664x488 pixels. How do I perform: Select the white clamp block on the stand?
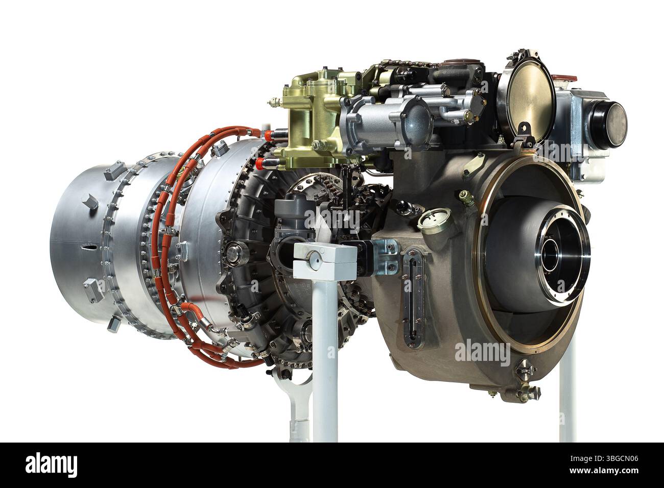point(324,261)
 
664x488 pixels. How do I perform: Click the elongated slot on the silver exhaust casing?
point(89,247)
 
